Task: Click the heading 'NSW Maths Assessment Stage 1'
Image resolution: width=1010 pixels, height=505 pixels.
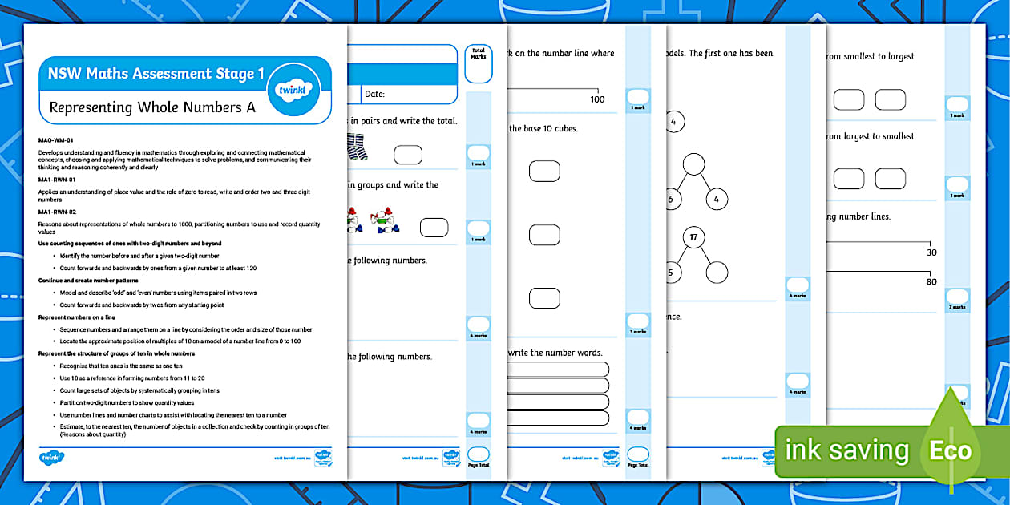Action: [156, 74]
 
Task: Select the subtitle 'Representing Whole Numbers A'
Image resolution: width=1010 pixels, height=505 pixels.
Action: [152, 107]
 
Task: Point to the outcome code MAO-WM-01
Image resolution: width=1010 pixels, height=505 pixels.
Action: [56, 140]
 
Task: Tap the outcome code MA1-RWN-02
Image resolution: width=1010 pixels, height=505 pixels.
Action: [57, 212]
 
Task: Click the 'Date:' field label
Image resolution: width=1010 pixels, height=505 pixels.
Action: [375, 95]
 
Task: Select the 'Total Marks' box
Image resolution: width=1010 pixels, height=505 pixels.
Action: [478, 64]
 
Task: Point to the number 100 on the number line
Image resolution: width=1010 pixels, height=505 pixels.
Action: [596, 99]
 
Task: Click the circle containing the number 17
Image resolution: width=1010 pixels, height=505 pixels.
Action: [693, 238]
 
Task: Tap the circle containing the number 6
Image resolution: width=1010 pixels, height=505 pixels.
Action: [671, 199]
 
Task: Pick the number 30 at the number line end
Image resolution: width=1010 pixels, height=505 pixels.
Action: [931, 252]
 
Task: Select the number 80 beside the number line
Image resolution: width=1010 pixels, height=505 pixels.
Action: [931, 281]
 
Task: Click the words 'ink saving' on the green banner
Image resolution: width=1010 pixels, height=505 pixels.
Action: [847, 450]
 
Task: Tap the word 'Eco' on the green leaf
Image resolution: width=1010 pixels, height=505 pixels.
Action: [950, 450]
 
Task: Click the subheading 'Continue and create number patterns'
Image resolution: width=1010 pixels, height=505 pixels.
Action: [88, 281]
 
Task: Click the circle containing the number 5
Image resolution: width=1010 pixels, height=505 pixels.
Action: [670, 271]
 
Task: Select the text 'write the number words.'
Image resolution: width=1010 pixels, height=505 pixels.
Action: [555, 353]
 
